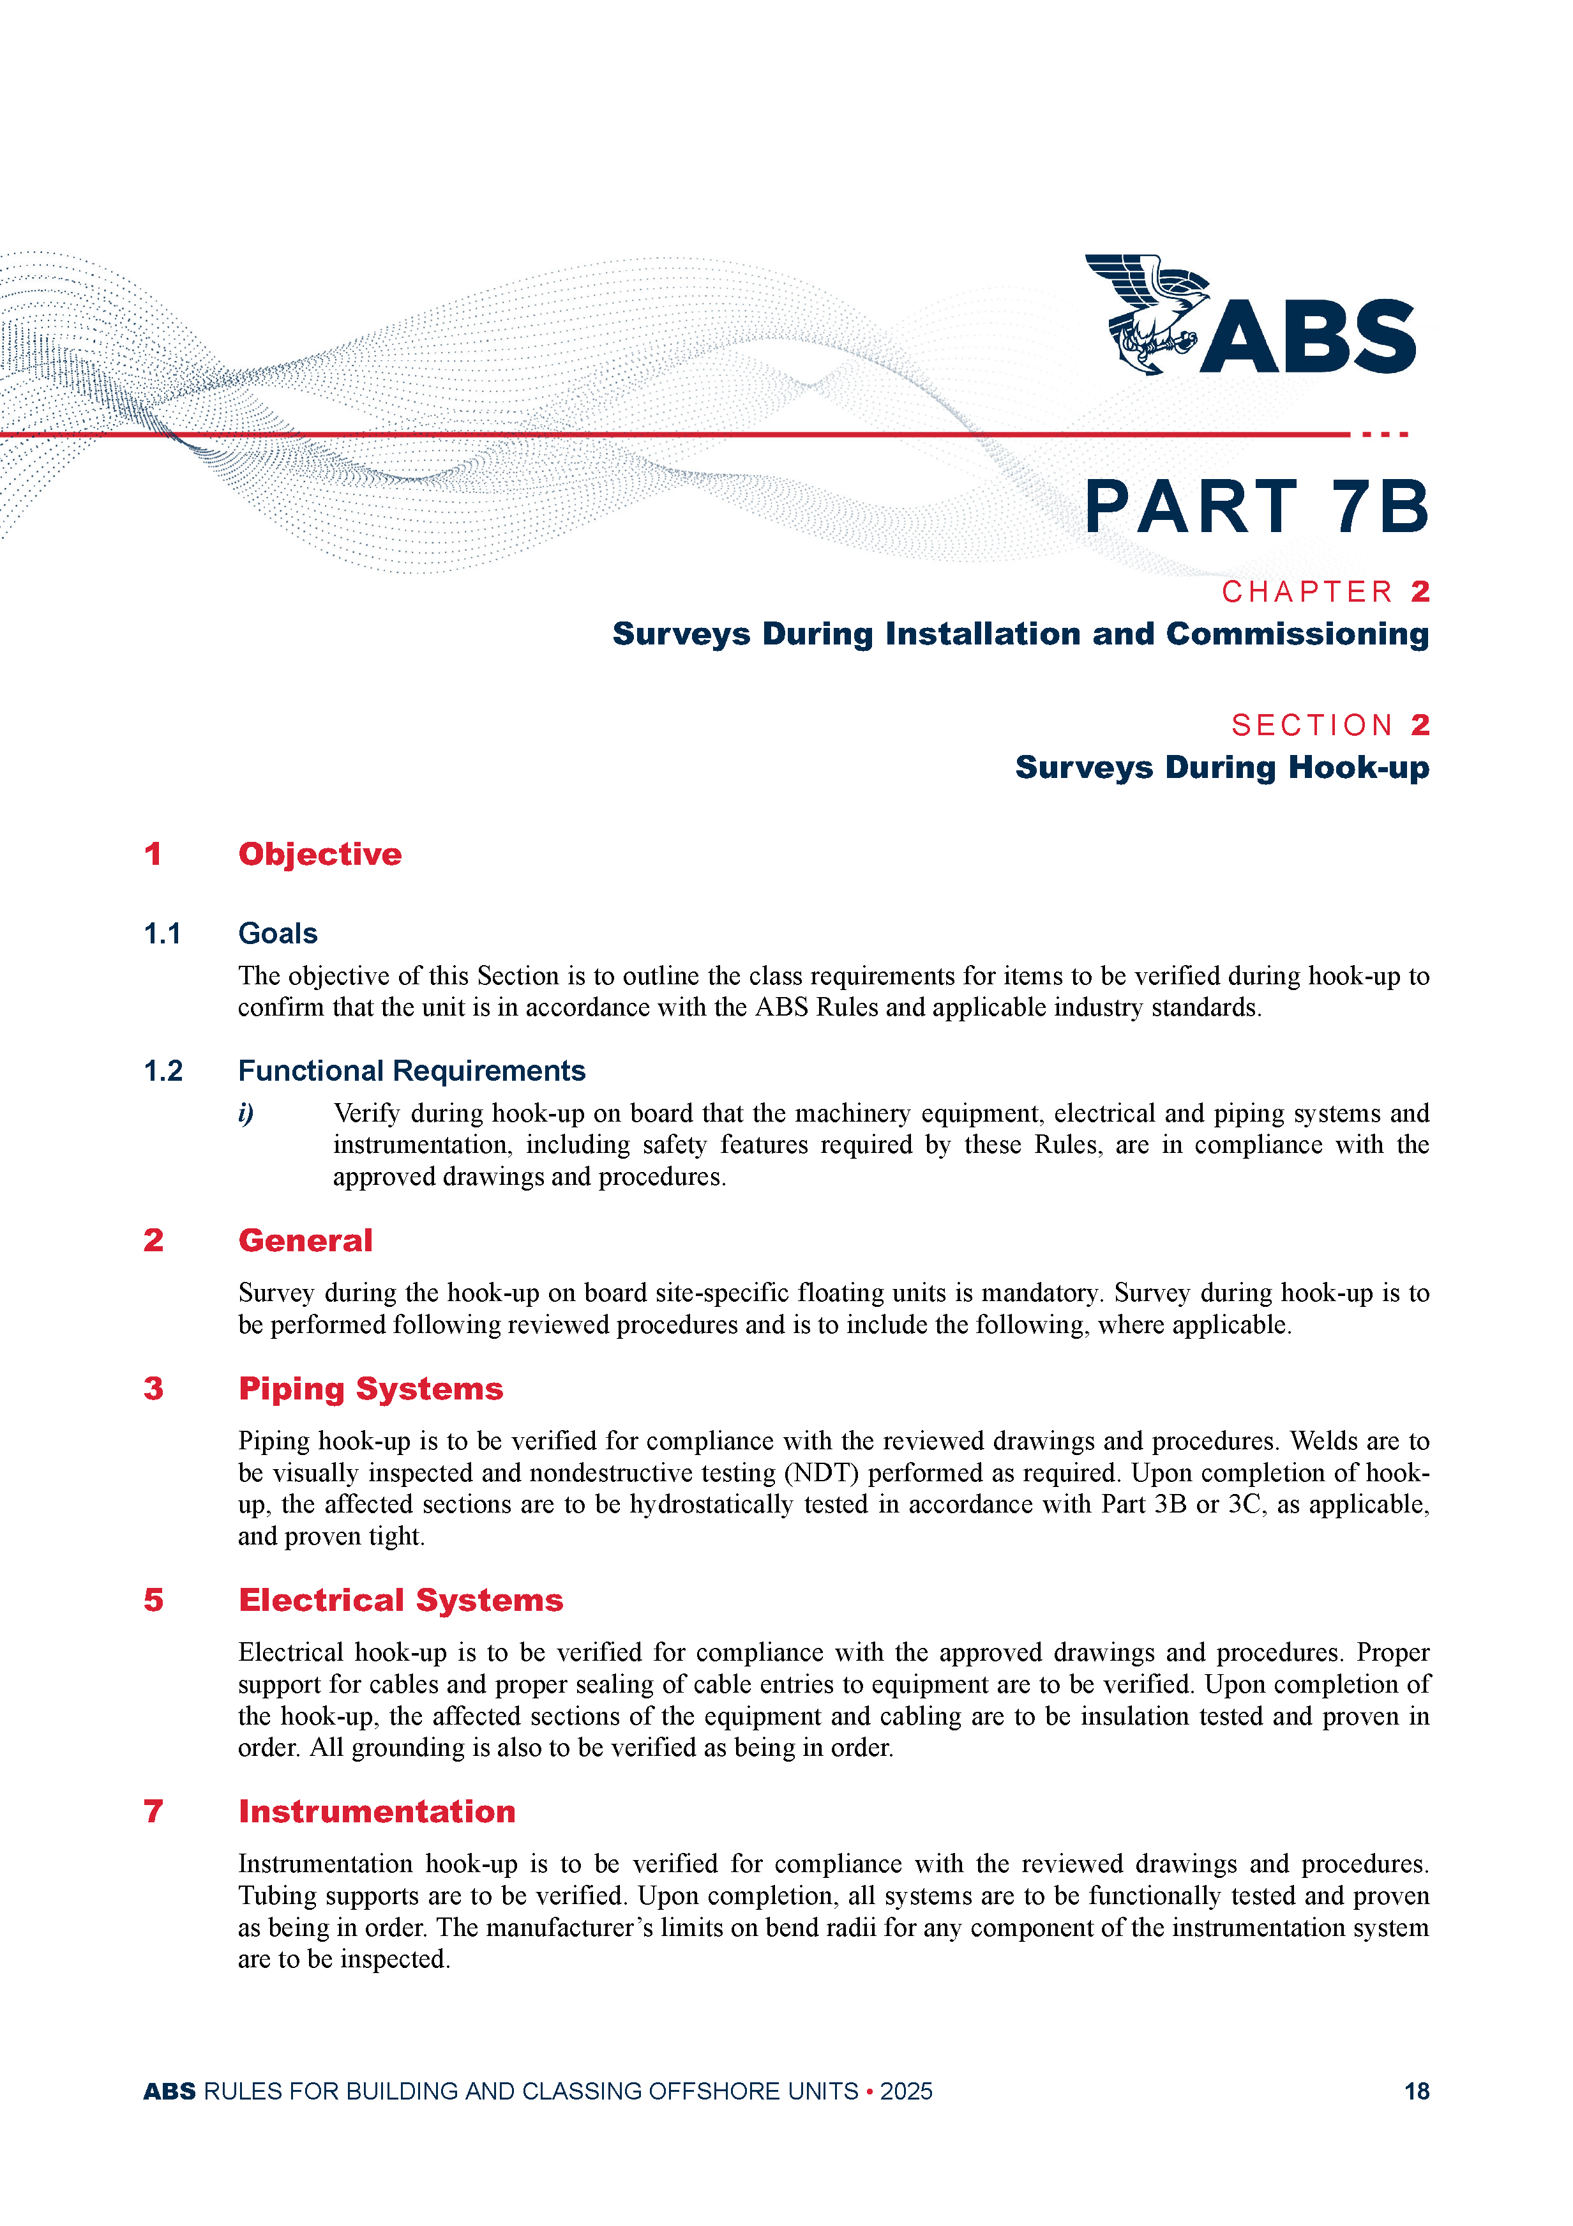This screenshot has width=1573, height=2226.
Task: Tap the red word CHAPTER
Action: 1307,591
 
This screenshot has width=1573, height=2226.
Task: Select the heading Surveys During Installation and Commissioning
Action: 1020,634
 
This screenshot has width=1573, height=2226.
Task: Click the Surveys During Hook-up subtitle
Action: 1221,768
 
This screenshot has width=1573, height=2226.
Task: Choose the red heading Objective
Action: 320,854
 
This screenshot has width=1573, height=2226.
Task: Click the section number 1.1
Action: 162,934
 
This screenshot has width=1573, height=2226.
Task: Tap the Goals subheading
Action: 278,934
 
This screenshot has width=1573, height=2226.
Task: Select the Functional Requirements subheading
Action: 412,1071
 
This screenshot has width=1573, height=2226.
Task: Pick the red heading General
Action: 305,1241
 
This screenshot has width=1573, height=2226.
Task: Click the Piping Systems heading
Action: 370,1389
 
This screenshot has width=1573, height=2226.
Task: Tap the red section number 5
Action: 153,1601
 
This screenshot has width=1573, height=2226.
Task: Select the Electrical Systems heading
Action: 400,1601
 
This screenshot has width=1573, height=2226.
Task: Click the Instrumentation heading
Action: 377,1812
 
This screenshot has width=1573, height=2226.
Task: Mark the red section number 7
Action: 153,1812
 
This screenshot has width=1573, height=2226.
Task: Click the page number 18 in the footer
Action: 1416,2091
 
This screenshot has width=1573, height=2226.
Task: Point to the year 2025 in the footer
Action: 906,2091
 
